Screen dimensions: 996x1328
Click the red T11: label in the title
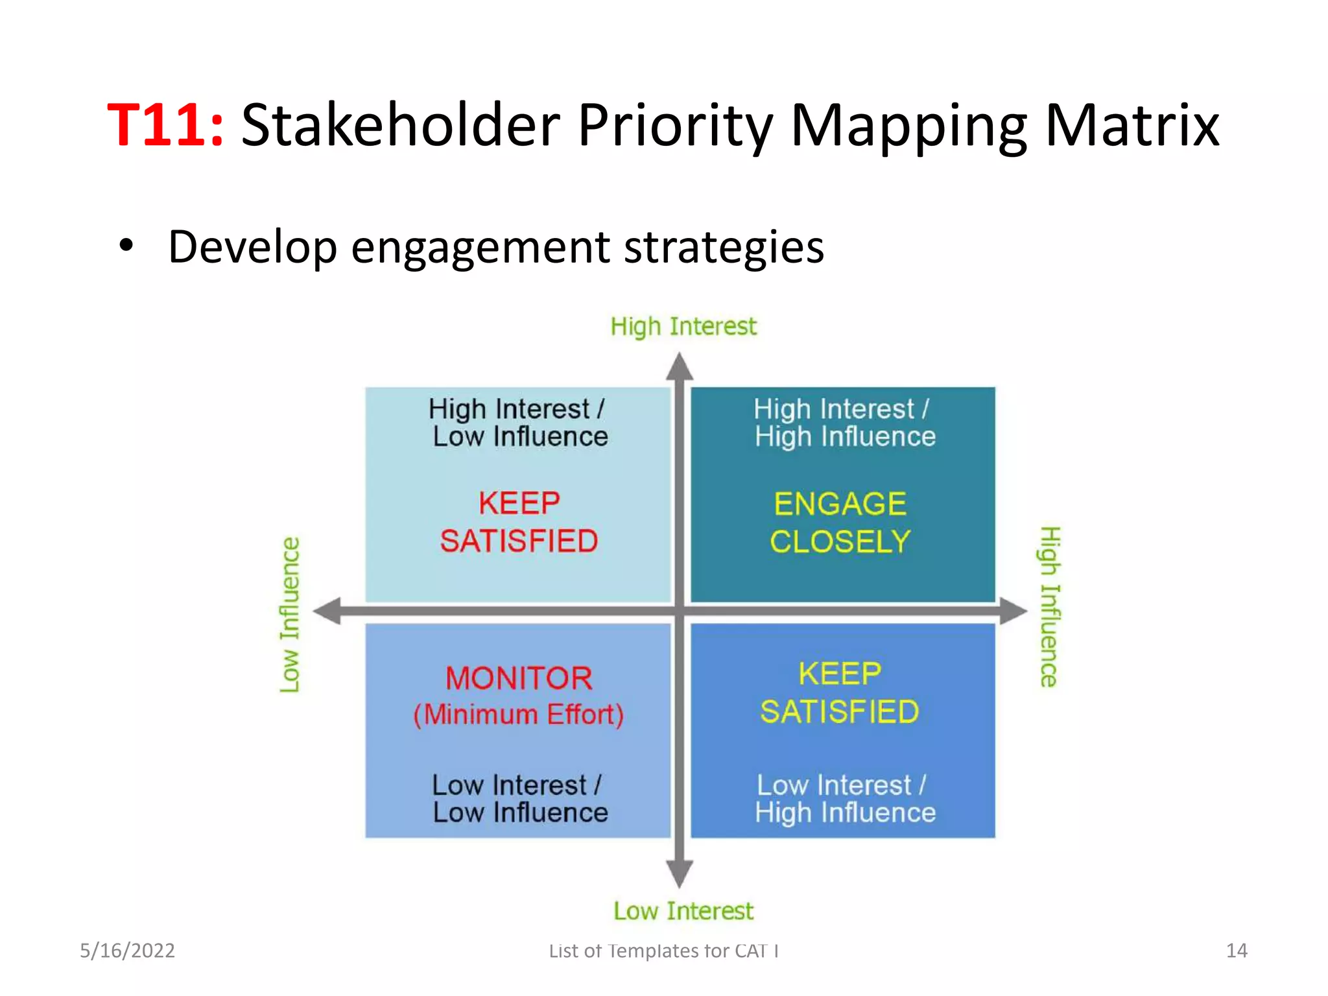pos(166,124)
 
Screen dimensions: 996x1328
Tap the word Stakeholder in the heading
pos(400,124)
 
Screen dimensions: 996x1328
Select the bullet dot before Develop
pos(126,246)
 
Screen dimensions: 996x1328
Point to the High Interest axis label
pos(683,326)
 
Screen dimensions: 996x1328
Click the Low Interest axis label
pos(683,911)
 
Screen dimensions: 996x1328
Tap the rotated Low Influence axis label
pos(290,614)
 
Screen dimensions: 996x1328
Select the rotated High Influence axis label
pos(1049,606)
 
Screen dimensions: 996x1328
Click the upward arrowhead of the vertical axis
pos(680,367)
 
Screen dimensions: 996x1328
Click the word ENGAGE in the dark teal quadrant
pos(840,504)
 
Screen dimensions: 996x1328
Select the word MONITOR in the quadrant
pos(519,678)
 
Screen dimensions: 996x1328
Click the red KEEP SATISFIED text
pos(519,523)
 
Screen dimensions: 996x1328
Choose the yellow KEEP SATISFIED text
pos(840,693)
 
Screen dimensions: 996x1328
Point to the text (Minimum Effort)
pos(519,715)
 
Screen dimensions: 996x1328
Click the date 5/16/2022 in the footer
pos(127,951)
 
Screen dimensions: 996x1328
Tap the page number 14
pos(1237,951)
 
